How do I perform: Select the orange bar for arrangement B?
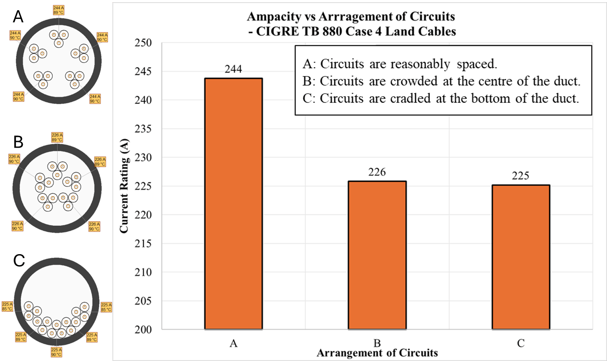(377, 255)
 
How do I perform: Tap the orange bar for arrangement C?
(520, 257)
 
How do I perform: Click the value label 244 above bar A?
(233, 69)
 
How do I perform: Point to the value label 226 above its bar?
(377, 172)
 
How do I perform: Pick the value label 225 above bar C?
(520, 176)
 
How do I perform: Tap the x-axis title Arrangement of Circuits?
(377, 353)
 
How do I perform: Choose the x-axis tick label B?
(377, 343)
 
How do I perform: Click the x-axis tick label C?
(520, 343)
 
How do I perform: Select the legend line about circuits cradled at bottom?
(441, 98)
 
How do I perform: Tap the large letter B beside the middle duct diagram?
(18, 142)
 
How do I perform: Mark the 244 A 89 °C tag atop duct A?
(58, 10)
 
